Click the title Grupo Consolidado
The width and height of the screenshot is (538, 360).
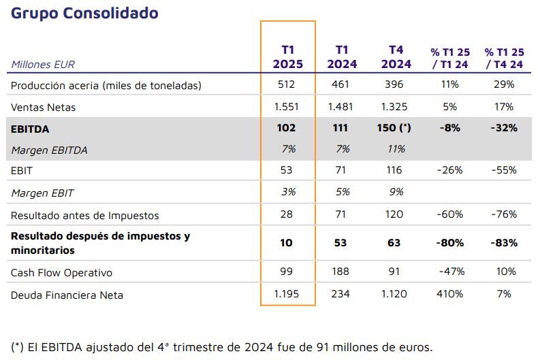click(84, 13)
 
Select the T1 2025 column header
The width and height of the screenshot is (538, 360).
click(287, 57)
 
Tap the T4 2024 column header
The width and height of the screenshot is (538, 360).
click(396, 57)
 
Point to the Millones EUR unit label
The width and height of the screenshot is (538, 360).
click(43, 65)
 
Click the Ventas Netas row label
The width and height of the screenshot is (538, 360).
click(44, 107)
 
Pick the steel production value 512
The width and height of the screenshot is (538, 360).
click(287, 84)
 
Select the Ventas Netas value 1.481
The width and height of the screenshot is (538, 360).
click(341, 107)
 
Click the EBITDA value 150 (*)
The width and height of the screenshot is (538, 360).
click(394, 128)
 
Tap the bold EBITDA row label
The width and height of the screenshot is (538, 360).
click(30, 129)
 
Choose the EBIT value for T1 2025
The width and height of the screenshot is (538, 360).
click(287, 170)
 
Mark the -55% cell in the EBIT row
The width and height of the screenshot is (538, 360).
click(504, 170)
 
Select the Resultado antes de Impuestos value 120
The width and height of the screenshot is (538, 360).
click(394, 215)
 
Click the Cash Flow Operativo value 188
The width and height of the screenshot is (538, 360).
click(341, 272)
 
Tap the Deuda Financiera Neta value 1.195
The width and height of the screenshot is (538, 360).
click(287, 295)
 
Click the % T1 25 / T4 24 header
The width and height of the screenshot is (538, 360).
click(504, 58)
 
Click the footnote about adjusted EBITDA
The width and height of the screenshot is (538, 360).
click(221, 346)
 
